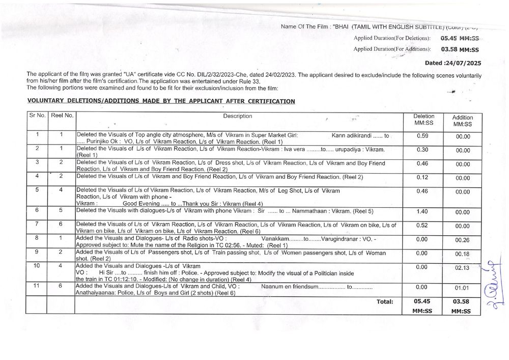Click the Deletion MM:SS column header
click(423, 120)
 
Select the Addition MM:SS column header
click(462, 121)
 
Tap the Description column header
click(238, 116)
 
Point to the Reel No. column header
click(62, 116)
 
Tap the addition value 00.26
click(462, 239)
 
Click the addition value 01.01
click(462, 288)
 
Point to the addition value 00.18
click(462, 254)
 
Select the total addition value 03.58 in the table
click(462, 301)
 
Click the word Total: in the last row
click(385, 301)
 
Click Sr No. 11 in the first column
click(37, 286)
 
